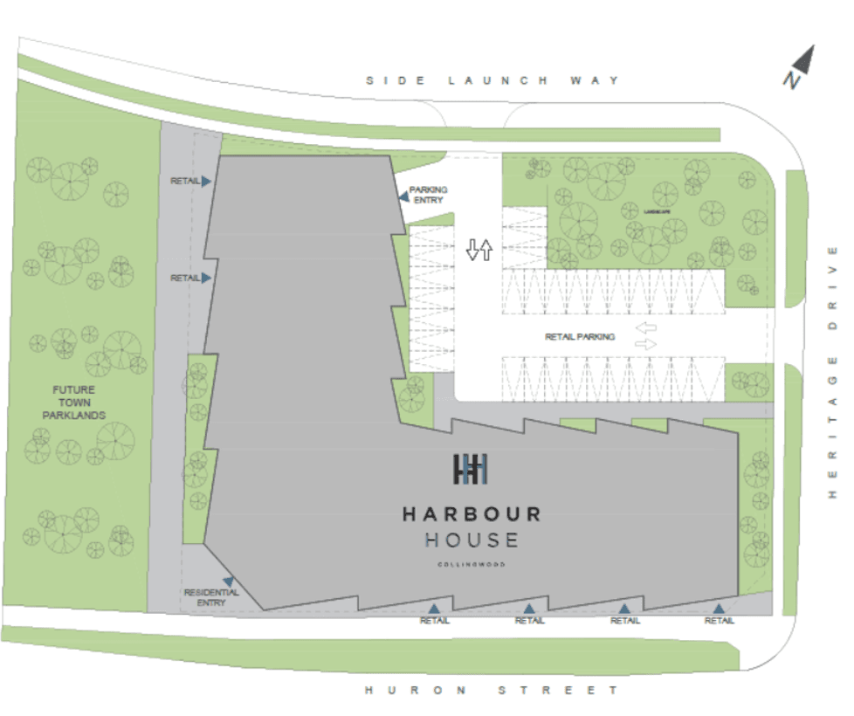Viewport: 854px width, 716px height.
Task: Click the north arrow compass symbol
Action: point(799,67)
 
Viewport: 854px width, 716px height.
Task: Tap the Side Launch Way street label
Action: point(492,80)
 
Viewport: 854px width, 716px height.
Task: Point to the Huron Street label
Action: point(492,690)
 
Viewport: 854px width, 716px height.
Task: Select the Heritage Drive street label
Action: point(832,370)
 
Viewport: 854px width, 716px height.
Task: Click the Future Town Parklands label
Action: point(74,403)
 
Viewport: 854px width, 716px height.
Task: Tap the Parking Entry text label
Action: point(429,194)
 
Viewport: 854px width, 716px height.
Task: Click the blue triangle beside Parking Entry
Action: point(403,196)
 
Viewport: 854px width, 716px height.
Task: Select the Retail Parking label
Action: point(580,337)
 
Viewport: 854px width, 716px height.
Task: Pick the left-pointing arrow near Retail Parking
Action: point(645,328)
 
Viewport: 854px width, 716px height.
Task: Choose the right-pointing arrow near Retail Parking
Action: point(645,344)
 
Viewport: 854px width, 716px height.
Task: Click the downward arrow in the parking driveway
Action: point(472,251)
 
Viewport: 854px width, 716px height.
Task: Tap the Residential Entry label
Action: point(210,598)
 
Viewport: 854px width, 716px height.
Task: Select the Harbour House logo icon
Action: point(471,469)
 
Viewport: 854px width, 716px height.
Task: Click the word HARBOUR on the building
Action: point(472,514)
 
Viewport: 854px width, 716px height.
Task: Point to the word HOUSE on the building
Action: point(472,540)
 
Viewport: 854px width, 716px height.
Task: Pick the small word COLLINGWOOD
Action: point(472,565)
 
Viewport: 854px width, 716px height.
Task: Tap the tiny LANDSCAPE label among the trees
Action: point(656,212)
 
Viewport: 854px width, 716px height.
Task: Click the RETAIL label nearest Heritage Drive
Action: point(720,621)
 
